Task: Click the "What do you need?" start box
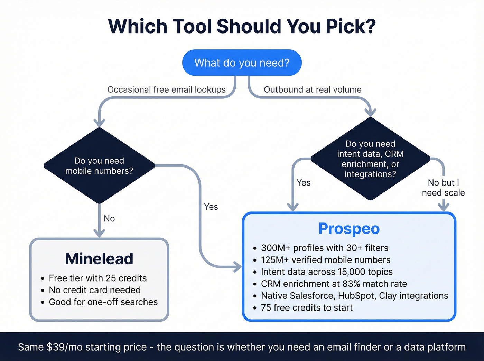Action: coord(242,63)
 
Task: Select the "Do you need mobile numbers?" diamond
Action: coord(99,166)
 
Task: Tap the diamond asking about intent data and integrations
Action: coord(370,159)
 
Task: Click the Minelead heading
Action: coord(99,259)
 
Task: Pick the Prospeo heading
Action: coord(349,229)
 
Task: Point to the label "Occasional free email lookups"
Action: coord(166,90)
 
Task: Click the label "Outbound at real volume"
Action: coord(313,90)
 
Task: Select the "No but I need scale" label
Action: coord(443,188)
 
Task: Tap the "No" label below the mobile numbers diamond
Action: coord(109,219)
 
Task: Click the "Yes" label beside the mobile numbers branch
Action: coord(211,207)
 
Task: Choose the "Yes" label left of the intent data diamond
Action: coord(304,183)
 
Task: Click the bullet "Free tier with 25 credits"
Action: coord(98,278)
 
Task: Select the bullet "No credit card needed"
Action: coord(95,290)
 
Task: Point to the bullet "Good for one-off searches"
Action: coord(103,302)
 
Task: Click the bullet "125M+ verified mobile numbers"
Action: coord(326,260)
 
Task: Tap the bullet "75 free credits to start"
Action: coord(307,308)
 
